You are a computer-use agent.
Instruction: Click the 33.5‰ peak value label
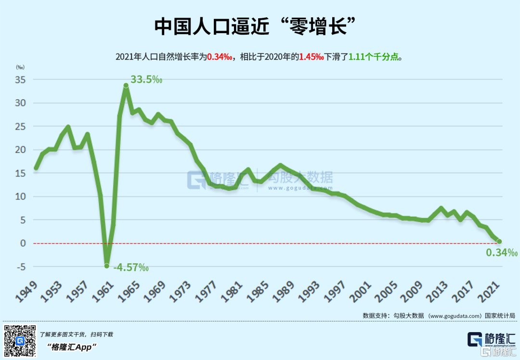point(146,79)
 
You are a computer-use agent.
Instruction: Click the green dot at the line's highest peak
point(126,86)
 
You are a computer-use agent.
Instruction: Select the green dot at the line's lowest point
point(107,266)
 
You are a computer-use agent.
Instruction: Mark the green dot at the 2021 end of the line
point(499,241)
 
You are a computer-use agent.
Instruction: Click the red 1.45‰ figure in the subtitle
point(311,57)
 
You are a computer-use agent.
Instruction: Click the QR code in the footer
point(20,341)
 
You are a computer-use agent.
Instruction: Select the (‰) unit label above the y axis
point(20,68)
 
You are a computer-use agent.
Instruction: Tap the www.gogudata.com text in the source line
point(455,316)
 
